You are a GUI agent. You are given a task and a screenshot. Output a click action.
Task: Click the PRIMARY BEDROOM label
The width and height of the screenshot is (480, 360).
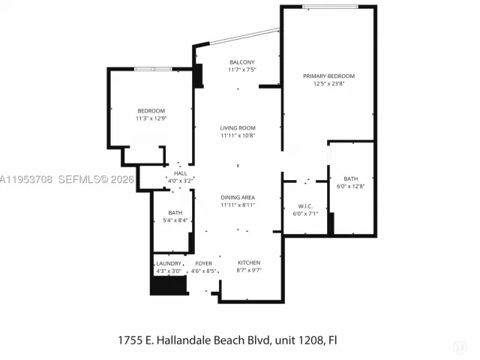coord(328,76)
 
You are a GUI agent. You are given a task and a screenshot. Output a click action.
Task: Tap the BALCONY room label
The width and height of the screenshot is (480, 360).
coord(242,62)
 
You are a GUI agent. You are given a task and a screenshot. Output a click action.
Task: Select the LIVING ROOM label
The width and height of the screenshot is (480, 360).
coord(238,128)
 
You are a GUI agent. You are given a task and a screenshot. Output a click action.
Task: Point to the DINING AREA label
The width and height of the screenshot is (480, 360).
coord(238,197)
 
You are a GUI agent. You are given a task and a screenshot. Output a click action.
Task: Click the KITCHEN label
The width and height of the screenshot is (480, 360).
coord(249,262)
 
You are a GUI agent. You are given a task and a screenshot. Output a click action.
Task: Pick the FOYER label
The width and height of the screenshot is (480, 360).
coord(203,263)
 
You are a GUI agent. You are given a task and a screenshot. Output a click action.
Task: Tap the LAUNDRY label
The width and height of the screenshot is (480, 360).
coord(169,263)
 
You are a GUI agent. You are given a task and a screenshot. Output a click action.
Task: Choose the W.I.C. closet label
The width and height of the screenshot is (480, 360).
coord(305,206)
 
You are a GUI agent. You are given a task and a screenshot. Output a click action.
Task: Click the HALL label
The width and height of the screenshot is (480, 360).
coord(180,173)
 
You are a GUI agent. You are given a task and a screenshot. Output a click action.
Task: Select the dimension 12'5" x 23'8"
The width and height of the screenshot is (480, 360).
coord(328,83)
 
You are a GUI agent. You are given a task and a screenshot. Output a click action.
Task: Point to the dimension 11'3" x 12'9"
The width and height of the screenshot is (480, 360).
coord(151,118)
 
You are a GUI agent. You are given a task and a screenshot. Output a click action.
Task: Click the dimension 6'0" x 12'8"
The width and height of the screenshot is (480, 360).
coord(351,186)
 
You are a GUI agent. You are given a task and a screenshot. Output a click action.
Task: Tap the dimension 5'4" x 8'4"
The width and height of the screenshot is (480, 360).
coord(175,220)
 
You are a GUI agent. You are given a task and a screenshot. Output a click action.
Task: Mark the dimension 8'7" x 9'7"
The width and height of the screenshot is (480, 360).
coord(249,270)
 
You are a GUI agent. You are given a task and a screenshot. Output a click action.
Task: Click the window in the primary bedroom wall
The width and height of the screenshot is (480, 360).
coord(330,7)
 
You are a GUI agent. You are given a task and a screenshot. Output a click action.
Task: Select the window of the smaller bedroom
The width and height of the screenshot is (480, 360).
coord(153,69)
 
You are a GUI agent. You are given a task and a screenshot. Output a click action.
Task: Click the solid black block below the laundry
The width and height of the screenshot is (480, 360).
coord(169,285)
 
